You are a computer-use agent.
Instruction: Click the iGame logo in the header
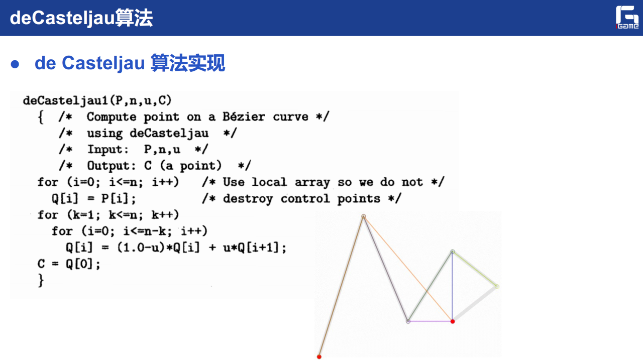coord(627,17)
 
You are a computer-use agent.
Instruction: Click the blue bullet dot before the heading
coord(15,64)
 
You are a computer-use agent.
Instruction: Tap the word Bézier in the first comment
coord(244,117)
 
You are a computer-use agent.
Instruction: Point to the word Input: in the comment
coord(108,150)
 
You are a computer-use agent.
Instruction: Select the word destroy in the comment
coord(248,199)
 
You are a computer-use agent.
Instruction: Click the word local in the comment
coord(269,182)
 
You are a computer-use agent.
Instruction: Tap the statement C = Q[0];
coord(69,264)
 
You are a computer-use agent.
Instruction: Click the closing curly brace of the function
coord(41,280)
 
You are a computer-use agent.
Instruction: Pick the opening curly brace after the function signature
coord(41,117)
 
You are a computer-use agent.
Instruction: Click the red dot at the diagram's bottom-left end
coord(319,357)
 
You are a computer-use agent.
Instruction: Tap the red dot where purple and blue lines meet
coord(453,321)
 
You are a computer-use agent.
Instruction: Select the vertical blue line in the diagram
coord(453,287)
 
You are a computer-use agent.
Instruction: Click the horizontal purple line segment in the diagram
coord(431,321)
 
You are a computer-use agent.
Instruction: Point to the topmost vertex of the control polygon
coord(364,216)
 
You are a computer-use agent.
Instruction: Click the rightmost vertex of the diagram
coord(497,286)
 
